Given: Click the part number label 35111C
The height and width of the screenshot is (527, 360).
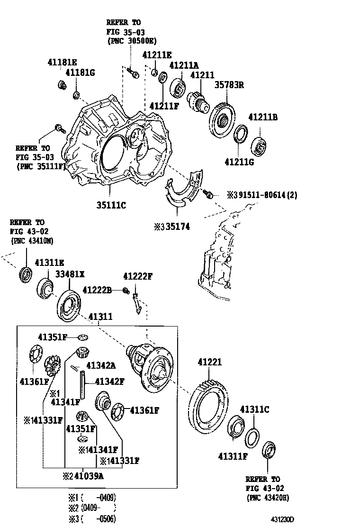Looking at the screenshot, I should pos(111,205).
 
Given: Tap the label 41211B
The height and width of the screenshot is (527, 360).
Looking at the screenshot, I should pos(263,117).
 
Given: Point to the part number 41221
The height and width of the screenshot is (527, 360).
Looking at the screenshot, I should pos(209,362).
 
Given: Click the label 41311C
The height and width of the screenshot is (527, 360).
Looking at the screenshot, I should pos(254,409).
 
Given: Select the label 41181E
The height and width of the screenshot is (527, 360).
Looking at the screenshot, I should pos(62,62).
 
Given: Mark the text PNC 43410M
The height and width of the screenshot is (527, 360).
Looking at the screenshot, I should pos(32,241).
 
